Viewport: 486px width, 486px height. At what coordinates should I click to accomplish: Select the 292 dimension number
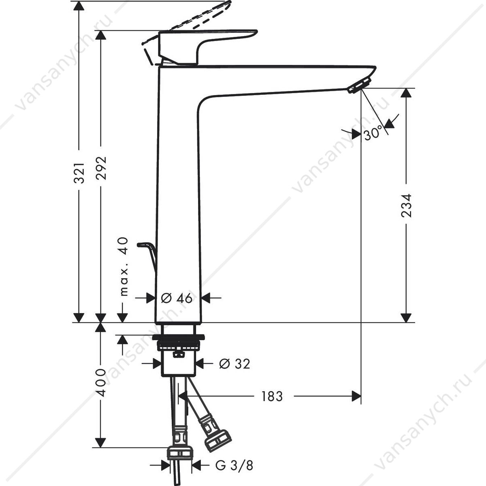click(x=101, y=168)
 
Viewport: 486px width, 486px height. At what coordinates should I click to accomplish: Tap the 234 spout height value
click(x=406, y=206)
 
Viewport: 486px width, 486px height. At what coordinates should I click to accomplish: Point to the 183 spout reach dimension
click(x=272, y=396)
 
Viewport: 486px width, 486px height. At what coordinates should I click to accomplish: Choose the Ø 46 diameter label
click(x=177, y=298)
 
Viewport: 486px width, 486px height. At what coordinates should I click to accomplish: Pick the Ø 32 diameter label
click(x=234, y=364)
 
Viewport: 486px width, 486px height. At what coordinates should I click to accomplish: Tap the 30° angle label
click(x=373, y=133)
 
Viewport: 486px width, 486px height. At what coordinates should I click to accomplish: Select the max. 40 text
click(x=124, y=266)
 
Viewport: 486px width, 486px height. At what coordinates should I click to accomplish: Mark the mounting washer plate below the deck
click(x=178, y=337)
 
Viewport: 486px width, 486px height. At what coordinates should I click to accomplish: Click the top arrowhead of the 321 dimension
click(x=79, y=6)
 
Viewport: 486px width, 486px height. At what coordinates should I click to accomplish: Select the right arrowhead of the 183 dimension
click(x=356, y=396)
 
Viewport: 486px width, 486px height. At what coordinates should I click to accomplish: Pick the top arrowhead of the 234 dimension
click(x=406, y=93)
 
